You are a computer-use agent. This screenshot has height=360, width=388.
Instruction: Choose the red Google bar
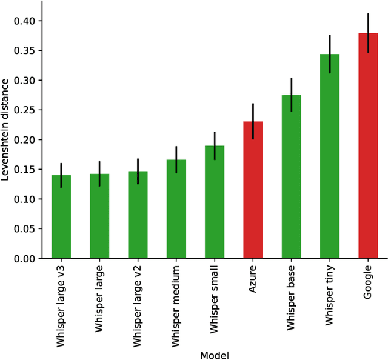point(368,145)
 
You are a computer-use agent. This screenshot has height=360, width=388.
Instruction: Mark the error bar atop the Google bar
point(368,33)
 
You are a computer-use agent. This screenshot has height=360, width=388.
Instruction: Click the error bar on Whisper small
point(215,145)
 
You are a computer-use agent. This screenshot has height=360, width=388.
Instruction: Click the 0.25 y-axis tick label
point(24,110)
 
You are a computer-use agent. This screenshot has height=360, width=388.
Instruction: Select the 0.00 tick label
point(24,259)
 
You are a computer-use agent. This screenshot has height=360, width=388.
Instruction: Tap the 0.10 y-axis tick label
point(24,199)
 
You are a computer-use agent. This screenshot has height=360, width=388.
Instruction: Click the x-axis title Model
point(215,354)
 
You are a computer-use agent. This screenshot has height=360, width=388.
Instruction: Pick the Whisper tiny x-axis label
point(330,296)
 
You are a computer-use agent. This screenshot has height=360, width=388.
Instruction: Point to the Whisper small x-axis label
point(215,299)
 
